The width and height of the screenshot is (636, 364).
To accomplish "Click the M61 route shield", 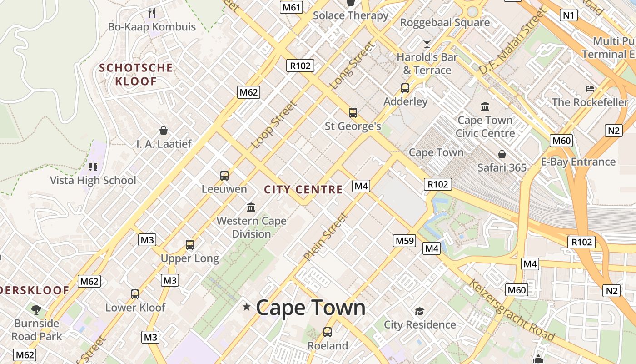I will [292, 7].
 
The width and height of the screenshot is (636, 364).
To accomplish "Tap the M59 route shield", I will [404, 240].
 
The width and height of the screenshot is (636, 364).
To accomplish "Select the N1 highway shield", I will [569, 15].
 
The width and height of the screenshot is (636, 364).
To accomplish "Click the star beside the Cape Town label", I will [247, 307].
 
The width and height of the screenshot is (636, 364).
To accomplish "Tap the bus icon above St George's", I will [353, 112].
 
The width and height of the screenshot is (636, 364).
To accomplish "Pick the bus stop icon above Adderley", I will [405, 88].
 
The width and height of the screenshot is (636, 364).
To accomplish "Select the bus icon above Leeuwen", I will [224, 175].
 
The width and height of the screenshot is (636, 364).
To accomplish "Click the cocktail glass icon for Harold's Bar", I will [427, 44].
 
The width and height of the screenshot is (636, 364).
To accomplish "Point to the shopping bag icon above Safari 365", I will [502, 154].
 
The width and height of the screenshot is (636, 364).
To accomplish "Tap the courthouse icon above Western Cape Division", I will [251, 207].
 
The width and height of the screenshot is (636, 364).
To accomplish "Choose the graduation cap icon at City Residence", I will [419, 311].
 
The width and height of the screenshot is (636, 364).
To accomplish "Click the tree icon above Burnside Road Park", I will [36, 310].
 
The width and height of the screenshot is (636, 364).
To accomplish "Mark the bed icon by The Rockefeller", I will [590, 88].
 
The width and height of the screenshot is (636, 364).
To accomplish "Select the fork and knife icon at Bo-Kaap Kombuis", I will [152, 13].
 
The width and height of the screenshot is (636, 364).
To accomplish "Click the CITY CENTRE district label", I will [303, 190].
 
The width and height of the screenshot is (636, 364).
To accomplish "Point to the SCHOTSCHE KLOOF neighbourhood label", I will [136, 75].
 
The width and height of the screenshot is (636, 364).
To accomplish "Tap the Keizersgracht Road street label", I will [512, 310].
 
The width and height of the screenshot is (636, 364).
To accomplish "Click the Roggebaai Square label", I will [445, 22].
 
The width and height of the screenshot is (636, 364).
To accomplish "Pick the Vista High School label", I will [93, 180].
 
